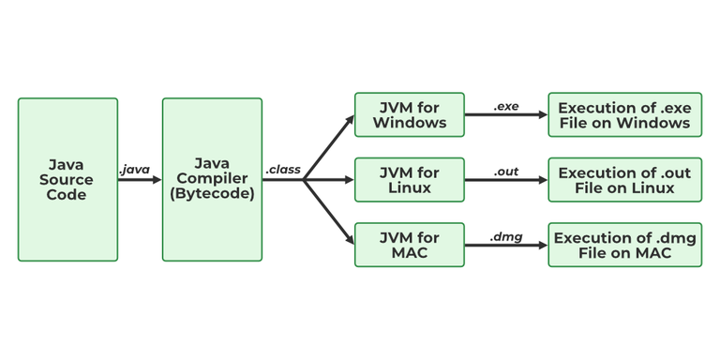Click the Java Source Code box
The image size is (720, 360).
pos(67,179)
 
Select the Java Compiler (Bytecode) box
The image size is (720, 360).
pos(212,179)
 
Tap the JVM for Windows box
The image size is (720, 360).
pos(409,114)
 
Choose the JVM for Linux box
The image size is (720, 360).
pos(409,179)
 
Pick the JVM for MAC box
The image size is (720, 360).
pos(409,245)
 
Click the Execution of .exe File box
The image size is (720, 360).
pos(624,114)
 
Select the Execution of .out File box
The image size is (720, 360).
pos(624,179)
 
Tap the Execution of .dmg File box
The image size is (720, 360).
pos(624,245)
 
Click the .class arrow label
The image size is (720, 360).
pos(282,170)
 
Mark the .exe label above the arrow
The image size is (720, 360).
pos(505,106)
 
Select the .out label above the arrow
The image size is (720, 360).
pos(506,172)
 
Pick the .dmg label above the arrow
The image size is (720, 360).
pos(505,237)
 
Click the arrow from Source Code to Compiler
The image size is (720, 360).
pos(140,180)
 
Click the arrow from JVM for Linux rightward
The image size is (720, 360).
pos(506,180)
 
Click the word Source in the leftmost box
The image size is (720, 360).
pos(67,179)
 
